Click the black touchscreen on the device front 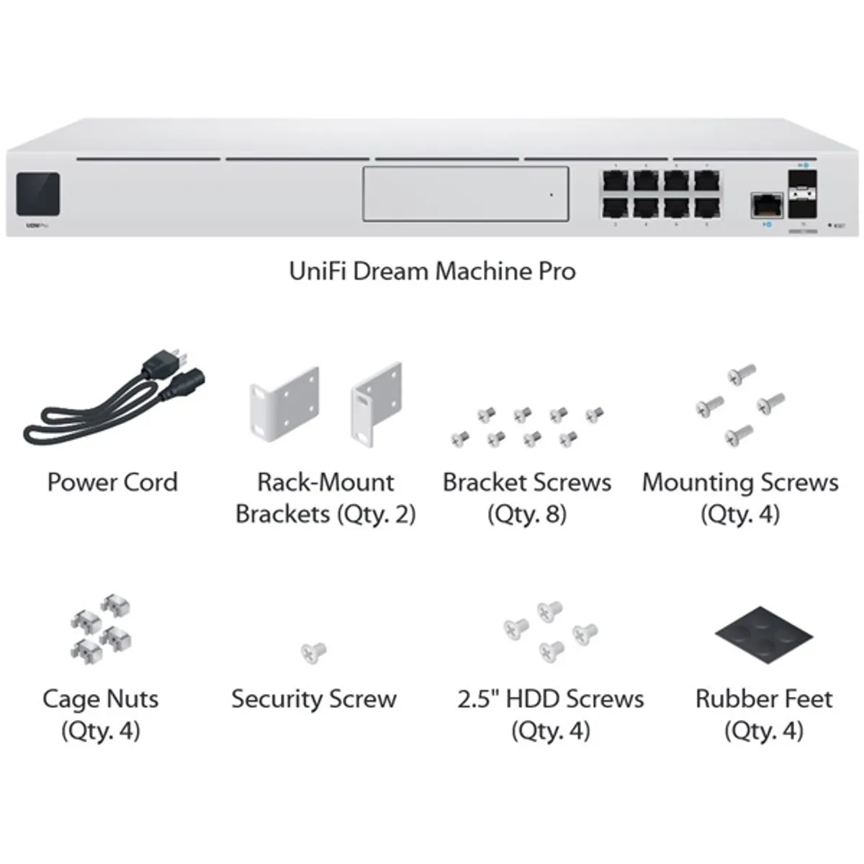pos(38,194)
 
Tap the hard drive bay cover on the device pos(465,194)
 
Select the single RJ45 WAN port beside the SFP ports pos(767,205)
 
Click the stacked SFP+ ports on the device pos(802,194)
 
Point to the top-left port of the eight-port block pos(615,180)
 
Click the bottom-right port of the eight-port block pos(707,208)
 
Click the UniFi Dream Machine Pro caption pos(432,271)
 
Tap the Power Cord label pos(112,482)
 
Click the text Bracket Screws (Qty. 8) pos(527,498)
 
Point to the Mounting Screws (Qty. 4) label pos(740,498)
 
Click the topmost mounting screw pos(742,373)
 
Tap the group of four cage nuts pos(102,627)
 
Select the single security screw pos(313,652)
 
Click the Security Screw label pos(314,699)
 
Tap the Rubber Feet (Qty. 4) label pos(764,714)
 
